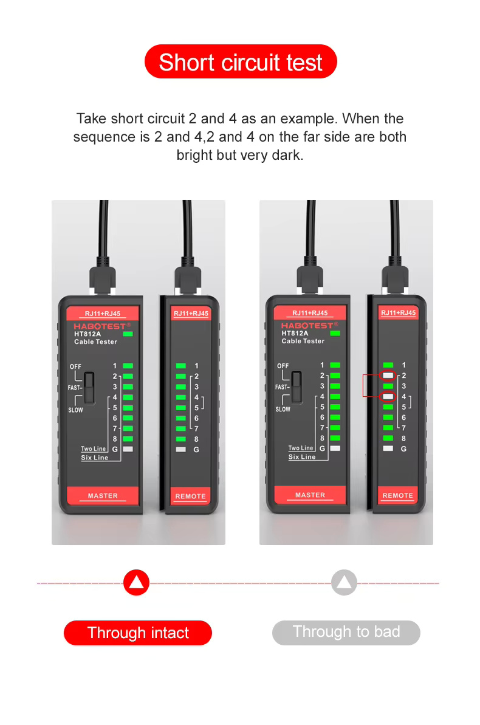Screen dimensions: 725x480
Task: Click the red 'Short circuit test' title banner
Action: (240, 62)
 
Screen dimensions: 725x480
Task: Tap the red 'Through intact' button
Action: (138, 633)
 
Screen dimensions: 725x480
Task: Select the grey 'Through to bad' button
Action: (346, 632)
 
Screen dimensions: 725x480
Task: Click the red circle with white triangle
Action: (136, 583)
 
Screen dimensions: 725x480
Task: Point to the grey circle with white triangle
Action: (345, 583)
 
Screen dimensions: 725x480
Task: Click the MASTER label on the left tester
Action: (103, 496)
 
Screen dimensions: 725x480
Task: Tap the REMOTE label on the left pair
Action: (190, 497)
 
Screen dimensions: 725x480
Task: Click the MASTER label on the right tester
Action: (310, 495)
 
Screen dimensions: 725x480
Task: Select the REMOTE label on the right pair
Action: (397, 496)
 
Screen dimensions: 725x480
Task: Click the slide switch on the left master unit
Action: (89, 387)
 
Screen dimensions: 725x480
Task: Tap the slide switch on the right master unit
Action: (297, 387)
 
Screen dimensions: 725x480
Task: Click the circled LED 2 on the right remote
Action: (388, 376)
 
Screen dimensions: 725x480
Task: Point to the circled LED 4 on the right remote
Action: (388, 396)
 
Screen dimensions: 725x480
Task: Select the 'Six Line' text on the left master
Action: (95, 458)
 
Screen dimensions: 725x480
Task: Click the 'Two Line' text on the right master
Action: (301, 448)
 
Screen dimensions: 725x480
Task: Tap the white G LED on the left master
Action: (128, 448)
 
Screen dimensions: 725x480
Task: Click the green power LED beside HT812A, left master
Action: (128, 334)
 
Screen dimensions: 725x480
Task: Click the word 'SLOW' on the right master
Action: (283, 409)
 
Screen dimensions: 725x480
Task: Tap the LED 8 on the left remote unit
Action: (180, 439)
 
